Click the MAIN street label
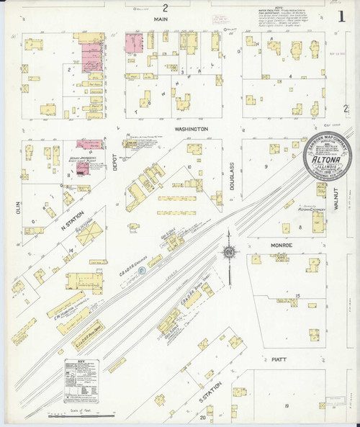pyautogui.click(x=165, y=21)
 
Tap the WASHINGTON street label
pyautogui.click(x=191, y=129)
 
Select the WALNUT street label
pyautogui.click(x=336, y=195)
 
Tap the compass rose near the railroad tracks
pyautogui.click(x=228, y=253)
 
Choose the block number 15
pyautogui.click(x=297, y=296)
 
